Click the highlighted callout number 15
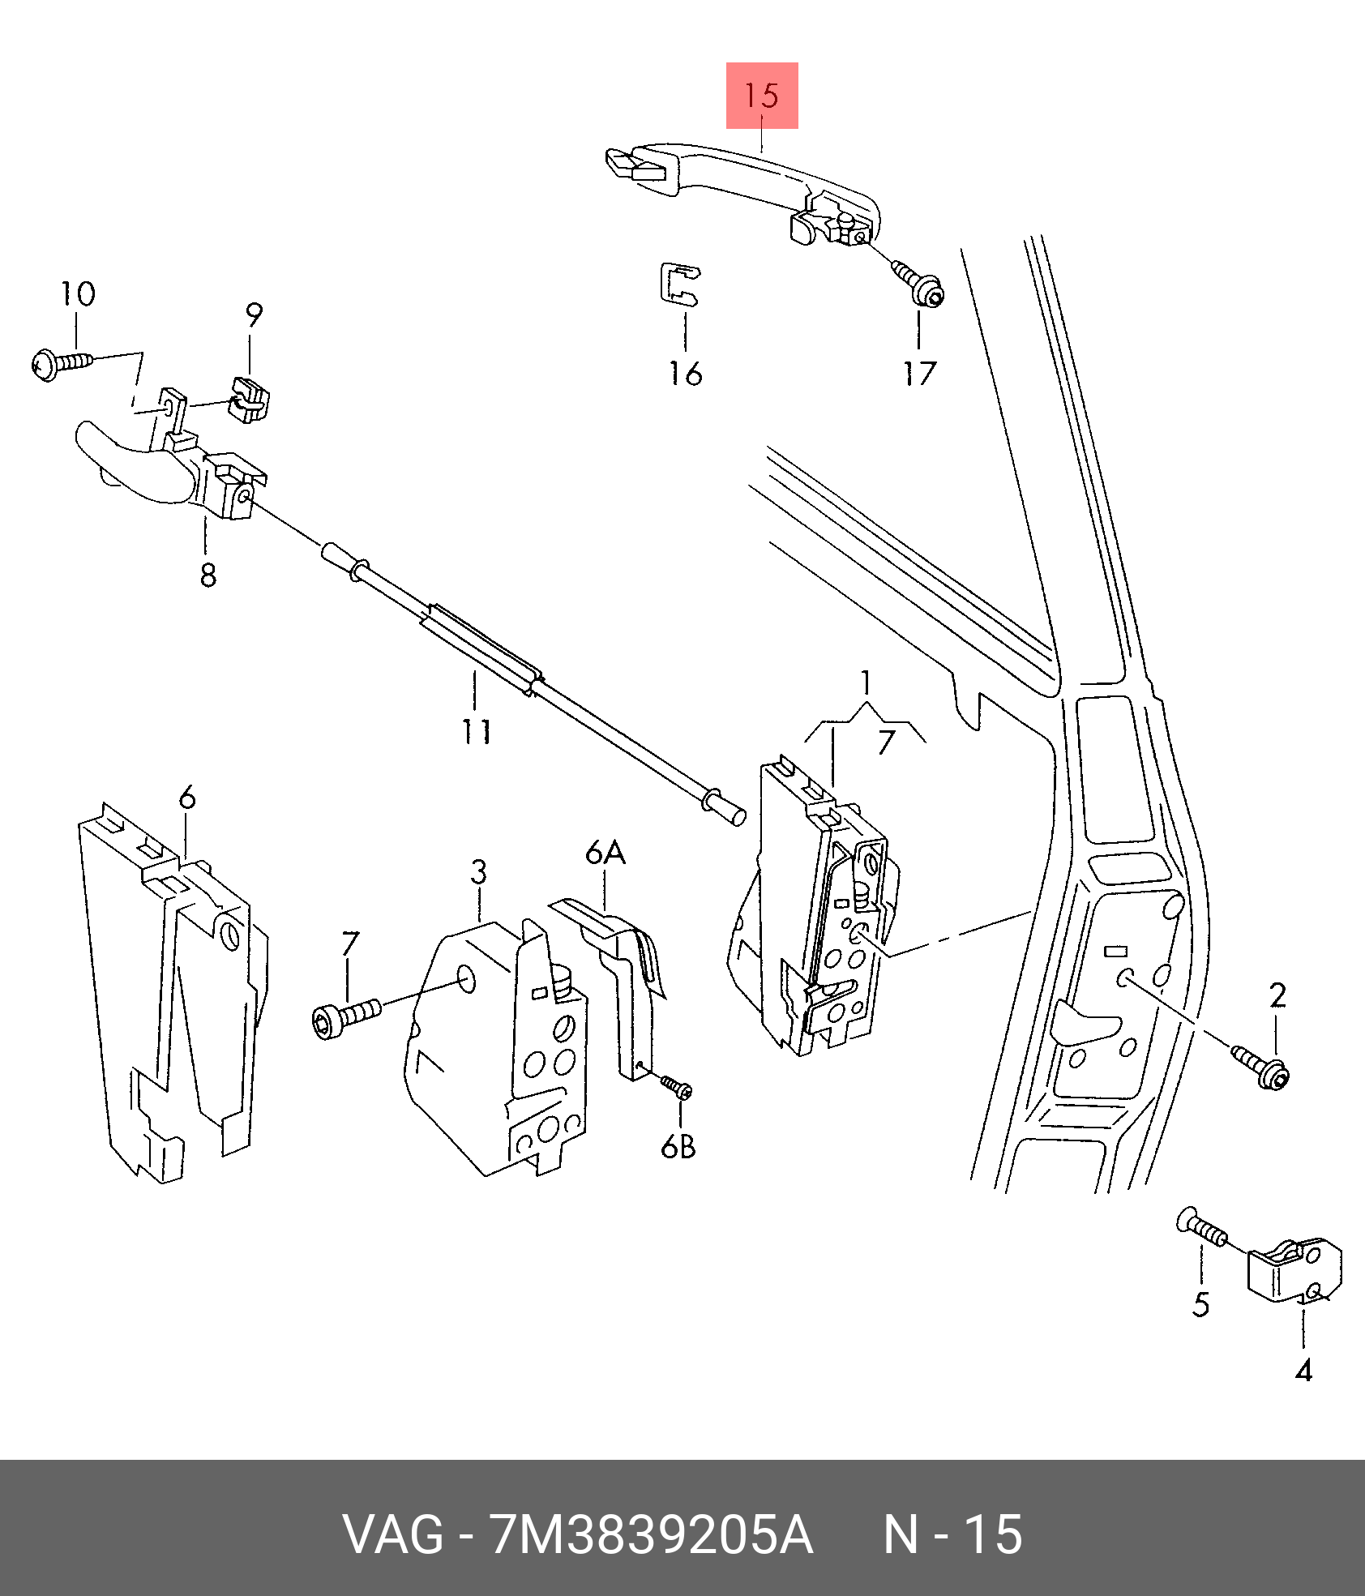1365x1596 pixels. (761, 96)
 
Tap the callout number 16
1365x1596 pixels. (685, 374)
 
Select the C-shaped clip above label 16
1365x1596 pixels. (679, 285)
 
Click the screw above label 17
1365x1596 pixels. (921, 283)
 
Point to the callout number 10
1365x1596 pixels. (79, 293)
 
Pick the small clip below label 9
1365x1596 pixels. (249, 400)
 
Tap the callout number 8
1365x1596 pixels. (208, 576)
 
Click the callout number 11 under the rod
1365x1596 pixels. (477, 732)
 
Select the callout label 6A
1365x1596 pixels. (605, 853)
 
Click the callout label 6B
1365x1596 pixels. (678, 1147)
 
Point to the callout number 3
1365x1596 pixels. (479, 873)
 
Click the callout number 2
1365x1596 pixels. (1277, 995)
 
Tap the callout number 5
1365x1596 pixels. (1201, 1304)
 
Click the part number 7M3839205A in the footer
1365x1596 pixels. (651, 1534)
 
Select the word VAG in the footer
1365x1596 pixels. (393, 1534)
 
